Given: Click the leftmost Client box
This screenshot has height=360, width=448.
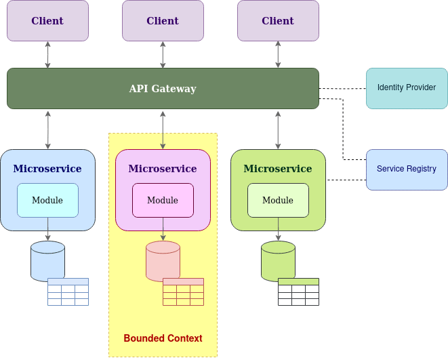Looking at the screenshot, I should pyautogui.click(x=47, y=20).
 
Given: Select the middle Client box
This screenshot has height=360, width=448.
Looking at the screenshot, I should pyautogui.click(x=163, y=20).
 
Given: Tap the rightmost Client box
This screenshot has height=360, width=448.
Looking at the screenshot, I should pyautogui.click(x=278, y=20).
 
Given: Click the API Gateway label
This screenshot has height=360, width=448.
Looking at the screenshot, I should pyautogui.click(x=163, y=89).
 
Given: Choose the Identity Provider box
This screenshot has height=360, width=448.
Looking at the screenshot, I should pyautogui.click(x=407, y=88).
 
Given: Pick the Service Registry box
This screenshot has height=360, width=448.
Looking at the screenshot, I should pyautogui.click(x=407, y=169).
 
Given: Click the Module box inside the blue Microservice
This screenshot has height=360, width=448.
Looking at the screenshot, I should pyautogui.click(x=47, y=200).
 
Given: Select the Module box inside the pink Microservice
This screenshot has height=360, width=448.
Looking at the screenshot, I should pyautogui.click(x=163, y=200).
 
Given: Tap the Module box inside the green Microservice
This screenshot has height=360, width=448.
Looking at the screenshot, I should pyautogui.click(x=278, y=200).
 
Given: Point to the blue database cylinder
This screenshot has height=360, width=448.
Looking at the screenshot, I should pyautogui.click(x=47, y=260).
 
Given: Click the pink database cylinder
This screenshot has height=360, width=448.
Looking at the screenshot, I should pyautogui.click(x=163, y=260).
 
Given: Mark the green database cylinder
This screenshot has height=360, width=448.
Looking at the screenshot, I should pyautogui.click(x=278, y=260).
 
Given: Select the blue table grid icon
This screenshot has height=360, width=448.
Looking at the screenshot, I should pyautogui.click(x=68, y=292).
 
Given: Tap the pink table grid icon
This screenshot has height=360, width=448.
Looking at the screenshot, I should pyautogui.click(x=183, y=292).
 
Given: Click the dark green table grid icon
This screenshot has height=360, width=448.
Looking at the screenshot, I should pyautogui.click(x=298, y=292).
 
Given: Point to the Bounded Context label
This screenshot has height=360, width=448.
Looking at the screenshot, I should pyautogui.click(x=163, y=338).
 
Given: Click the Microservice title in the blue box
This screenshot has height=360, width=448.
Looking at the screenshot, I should pyautogui.click(x=47, y=169).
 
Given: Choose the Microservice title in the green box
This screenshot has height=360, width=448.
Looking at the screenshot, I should pyautogui.click(x=278, y=169).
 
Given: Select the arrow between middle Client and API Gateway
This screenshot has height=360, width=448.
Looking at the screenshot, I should pyautogui.click(x=163, y=54).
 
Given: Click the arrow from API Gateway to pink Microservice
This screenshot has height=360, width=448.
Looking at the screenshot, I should pyautogui.click(x=163, y=129).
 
